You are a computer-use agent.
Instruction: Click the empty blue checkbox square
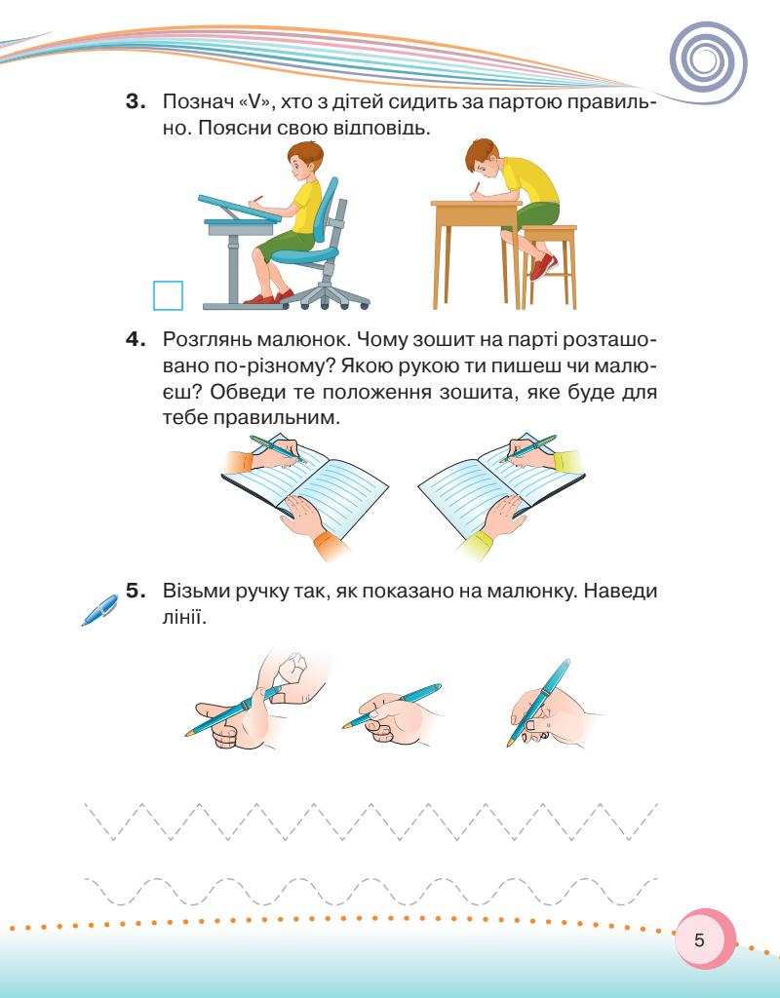[168, 295]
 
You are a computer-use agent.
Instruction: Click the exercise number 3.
[136, 101]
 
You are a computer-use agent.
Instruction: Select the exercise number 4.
[136, 339]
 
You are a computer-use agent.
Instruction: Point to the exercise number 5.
[136, 591]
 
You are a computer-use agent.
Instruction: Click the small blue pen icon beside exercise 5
[100, 610]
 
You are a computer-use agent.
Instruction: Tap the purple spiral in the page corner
[708, 62]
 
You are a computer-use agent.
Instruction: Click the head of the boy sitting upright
[304, 163]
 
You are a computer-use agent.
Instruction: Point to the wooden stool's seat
[549, 230]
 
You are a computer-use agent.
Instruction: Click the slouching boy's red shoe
[543, 267]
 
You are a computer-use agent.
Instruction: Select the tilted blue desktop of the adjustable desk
[240, 208]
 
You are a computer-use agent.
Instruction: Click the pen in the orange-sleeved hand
[278, 448]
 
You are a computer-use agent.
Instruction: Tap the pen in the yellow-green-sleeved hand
[527, 448]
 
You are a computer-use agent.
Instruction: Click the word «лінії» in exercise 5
[185, 616]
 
